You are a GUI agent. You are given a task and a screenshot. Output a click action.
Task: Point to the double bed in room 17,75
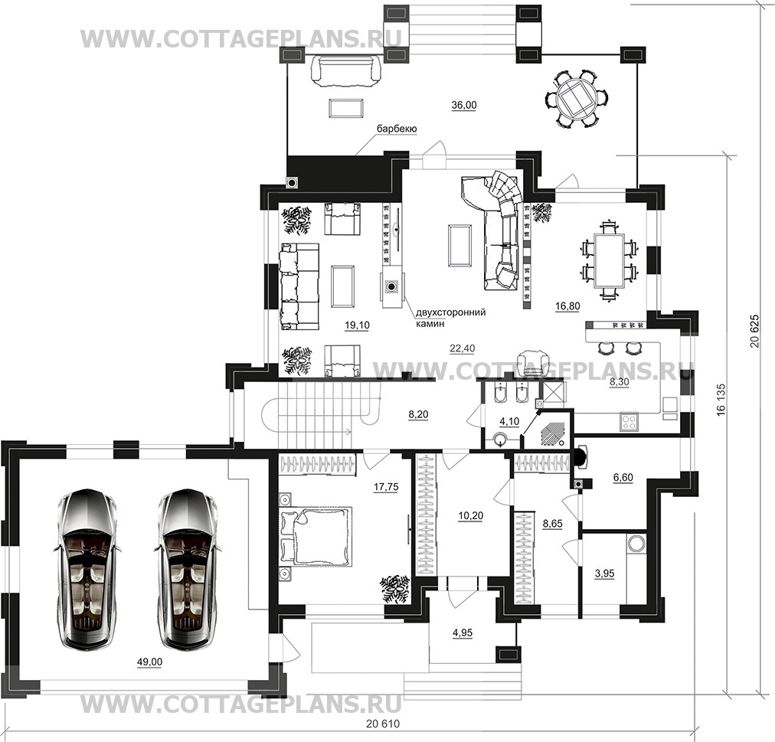tap(316, 535)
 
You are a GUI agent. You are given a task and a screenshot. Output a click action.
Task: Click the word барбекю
tap(397, 129)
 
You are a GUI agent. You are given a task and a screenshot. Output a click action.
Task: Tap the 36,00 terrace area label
tap(464, 106)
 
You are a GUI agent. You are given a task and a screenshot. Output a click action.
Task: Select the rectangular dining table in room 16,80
tap(610, 260)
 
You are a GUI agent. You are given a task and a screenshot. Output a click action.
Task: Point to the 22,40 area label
tap(462, 348)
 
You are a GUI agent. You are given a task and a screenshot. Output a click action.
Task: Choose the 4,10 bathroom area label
tap(509, 422)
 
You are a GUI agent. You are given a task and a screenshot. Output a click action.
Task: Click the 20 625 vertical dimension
tap(754, 331)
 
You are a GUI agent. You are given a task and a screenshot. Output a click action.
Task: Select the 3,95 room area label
tap(604, 574)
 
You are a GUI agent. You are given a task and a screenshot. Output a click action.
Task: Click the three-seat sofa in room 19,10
tap(299, 286)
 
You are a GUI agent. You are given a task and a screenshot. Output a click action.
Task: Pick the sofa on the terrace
tap(345, 72)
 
